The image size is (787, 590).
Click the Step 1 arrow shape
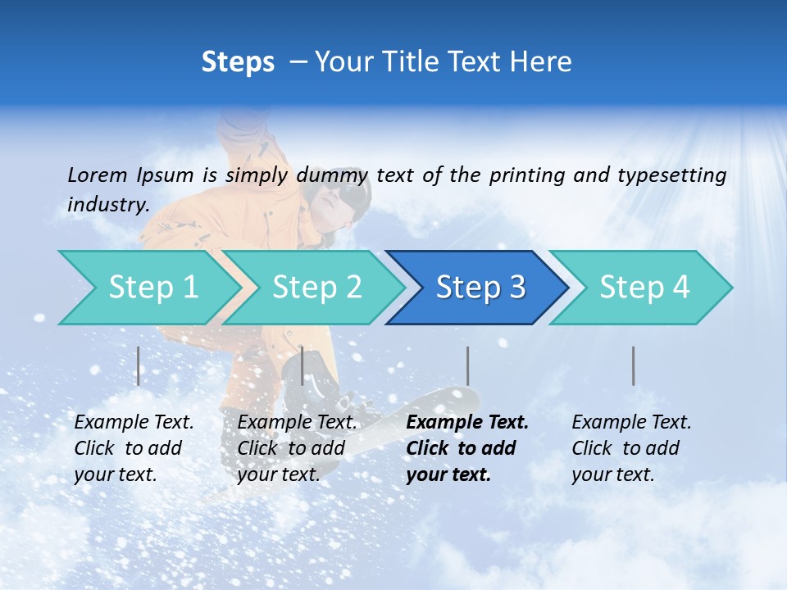pyautogui.click(x=152, y=288)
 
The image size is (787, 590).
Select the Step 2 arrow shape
pyautogui.click(x=316, y=288)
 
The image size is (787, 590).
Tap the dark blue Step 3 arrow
pyautogui.click(x=480, y=288)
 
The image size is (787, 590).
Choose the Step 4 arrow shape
pyautogui.click(x=644, y=288)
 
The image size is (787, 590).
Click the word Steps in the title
pyautogui.click(x=238, y=61)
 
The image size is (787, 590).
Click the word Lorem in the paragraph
pyautogui.click(x=97, y=175)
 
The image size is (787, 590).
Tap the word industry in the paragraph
pyautogui.click(x=107, y=204)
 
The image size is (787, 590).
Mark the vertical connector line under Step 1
pyautogui.click(x=139, y=365)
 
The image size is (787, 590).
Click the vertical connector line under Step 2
pyautogui.click(x=303, y=365)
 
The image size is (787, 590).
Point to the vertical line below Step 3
pyautogui.click(x=467, y=365)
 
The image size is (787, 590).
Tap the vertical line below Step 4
pyautogui.click(x=633, y=365)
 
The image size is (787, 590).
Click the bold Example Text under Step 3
pyautogui.click(x=467, y=423)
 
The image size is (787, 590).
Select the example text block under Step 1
pyautogui.click(x=134, y=448)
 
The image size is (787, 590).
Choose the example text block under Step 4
pyautogui.click(x=631, y=448)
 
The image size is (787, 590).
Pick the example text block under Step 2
pyautogui.click(x=297, y=448)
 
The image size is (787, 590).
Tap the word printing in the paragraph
pyautogui.click(x=525, y=175)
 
